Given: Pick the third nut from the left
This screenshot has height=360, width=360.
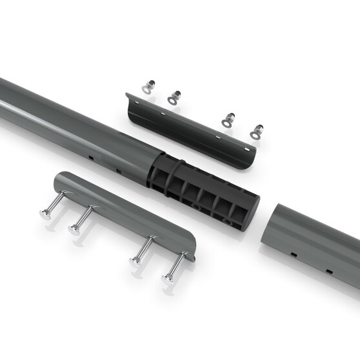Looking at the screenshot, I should pos(228,119).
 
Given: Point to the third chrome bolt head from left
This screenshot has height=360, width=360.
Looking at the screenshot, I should pos(135,261).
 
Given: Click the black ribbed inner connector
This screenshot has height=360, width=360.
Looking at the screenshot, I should pos(200,194).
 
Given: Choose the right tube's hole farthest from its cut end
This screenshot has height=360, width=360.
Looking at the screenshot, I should pos(328,270).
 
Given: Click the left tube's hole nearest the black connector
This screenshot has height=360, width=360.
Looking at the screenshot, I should pos(118,171).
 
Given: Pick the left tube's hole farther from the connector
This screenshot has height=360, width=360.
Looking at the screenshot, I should pos(92,157).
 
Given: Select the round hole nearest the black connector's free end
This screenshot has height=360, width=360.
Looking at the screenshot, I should pos(226,221).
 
